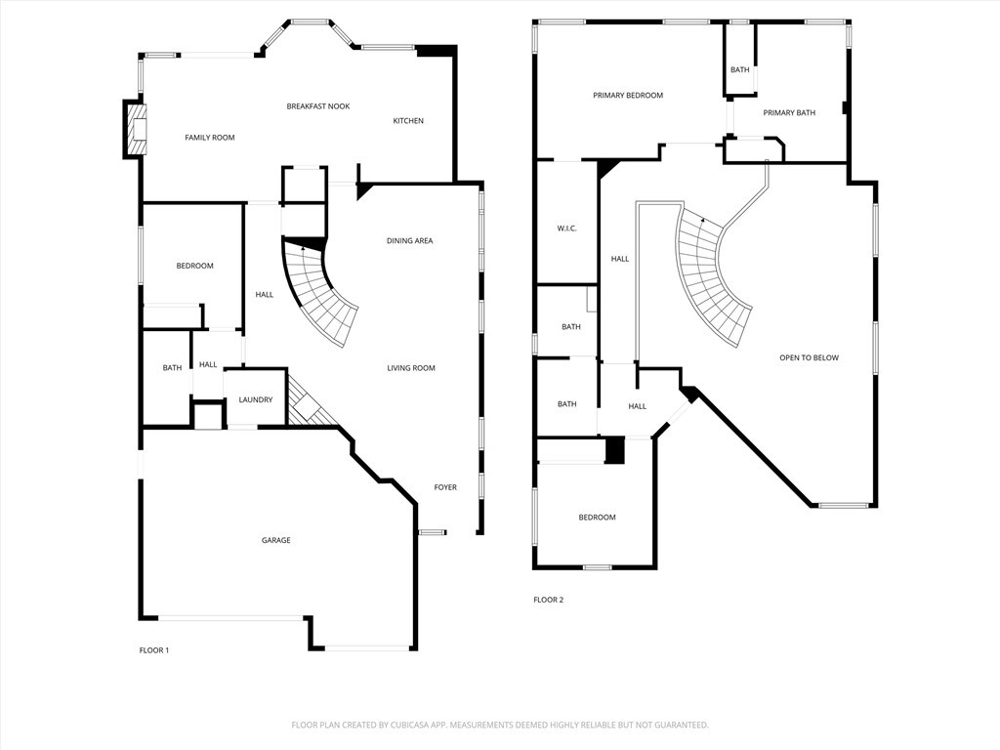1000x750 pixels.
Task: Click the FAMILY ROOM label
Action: [210, 138]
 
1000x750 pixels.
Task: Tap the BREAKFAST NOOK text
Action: [317, 106]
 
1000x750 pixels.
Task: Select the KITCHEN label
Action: [408, 121]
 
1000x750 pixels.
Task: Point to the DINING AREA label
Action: [409, 241]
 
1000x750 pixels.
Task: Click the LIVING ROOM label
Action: [410, 368]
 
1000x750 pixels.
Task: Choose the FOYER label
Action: [445, 487]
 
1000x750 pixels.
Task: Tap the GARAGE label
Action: [275, 540]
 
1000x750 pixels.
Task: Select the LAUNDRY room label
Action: [255, 399]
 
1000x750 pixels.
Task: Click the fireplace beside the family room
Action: [135, 128]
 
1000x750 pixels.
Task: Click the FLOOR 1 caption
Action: [154, 650]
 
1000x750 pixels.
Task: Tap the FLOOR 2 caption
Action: [548, 600]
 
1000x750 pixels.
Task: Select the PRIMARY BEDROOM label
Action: [628, 96]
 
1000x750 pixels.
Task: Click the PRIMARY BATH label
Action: [789, 113]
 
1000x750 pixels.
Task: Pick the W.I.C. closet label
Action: [566, 229]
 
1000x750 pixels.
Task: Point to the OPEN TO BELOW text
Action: [809, 358]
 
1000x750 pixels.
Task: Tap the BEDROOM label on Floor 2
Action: [597, 518]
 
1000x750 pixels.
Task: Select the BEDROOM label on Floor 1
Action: [194, 266]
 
